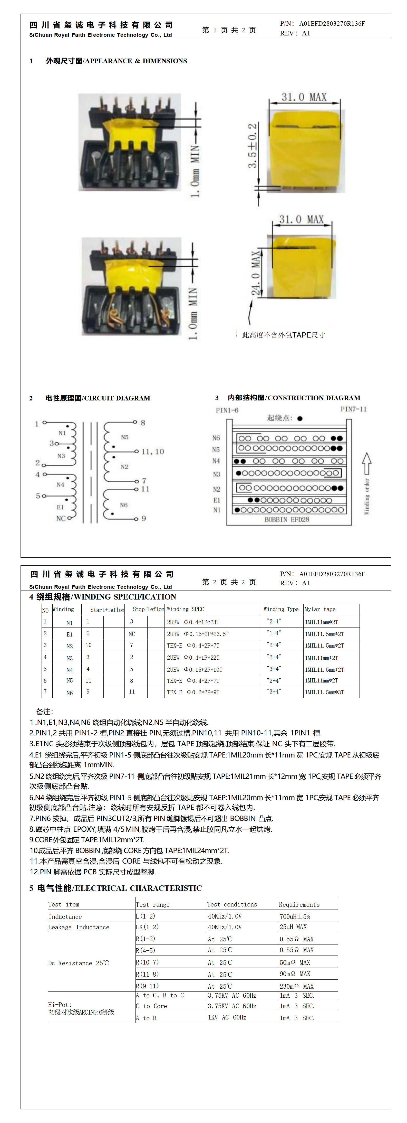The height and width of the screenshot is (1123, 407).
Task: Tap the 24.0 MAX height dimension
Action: click(255, 273)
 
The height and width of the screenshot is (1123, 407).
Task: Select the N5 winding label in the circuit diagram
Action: click(125, 437)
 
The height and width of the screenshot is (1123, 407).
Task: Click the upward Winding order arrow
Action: click(367, 463)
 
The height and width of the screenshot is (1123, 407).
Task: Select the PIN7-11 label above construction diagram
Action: click(353, 409)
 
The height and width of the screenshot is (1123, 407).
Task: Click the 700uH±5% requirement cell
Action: click(295, 916)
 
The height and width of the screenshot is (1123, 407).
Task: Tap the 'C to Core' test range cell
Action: click(151, 1006)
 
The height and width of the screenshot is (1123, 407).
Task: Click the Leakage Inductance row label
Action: click(79, 927)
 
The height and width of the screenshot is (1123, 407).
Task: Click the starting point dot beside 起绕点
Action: click(300, 418)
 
